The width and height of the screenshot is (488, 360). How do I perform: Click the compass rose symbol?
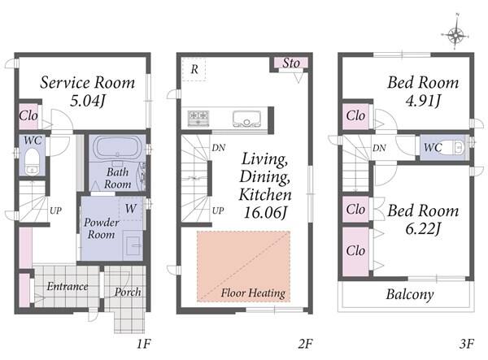point(455,35)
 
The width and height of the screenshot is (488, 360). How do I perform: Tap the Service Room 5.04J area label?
point(88,91)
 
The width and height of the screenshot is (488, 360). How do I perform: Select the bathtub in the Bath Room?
point(117,148)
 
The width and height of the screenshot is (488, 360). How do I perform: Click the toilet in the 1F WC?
point(32,162)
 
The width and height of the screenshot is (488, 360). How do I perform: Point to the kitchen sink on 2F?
point(247,119)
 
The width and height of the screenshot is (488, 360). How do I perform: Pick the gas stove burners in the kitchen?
point(198,118)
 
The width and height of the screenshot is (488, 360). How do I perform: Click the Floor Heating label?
point(253,293)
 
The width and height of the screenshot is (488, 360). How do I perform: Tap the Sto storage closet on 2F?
point(291,63)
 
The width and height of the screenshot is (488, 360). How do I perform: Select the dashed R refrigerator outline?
point(194,69)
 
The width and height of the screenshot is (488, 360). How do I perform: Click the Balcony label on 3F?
point(410,294)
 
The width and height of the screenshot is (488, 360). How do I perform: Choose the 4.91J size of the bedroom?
point(423,101)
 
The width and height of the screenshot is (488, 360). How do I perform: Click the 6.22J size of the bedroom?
point(423,229)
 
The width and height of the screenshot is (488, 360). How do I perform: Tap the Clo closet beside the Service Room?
point(28,116)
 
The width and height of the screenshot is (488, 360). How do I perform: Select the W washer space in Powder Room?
point(131,209)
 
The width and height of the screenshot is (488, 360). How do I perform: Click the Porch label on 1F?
point(128,292)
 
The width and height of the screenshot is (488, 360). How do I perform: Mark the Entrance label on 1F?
point(68,286)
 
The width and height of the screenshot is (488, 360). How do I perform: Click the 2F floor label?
point(305,344)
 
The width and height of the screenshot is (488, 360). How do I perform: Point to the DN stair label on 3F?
point(379,148)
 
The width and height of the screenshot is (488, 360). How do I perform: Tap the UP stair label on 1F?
point(55,210)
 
